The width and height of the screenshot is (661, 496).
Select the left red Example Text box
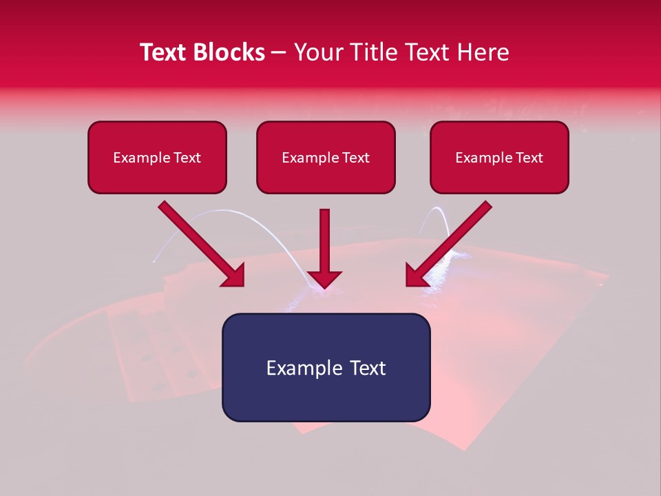[x=157, y=158]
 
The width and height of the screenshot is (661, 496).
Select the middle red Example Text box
[x=326, y=158]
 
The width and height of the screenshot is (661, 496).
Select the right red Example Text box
[x=499, y=158]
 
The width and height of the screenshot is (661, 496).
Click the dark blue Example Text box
[x=326, y=368]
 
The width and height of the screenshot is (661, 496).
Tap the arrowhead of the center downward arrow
[x=325, y=278]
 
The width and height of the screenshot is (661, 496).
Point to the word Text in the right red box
[x=528, y=158]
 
